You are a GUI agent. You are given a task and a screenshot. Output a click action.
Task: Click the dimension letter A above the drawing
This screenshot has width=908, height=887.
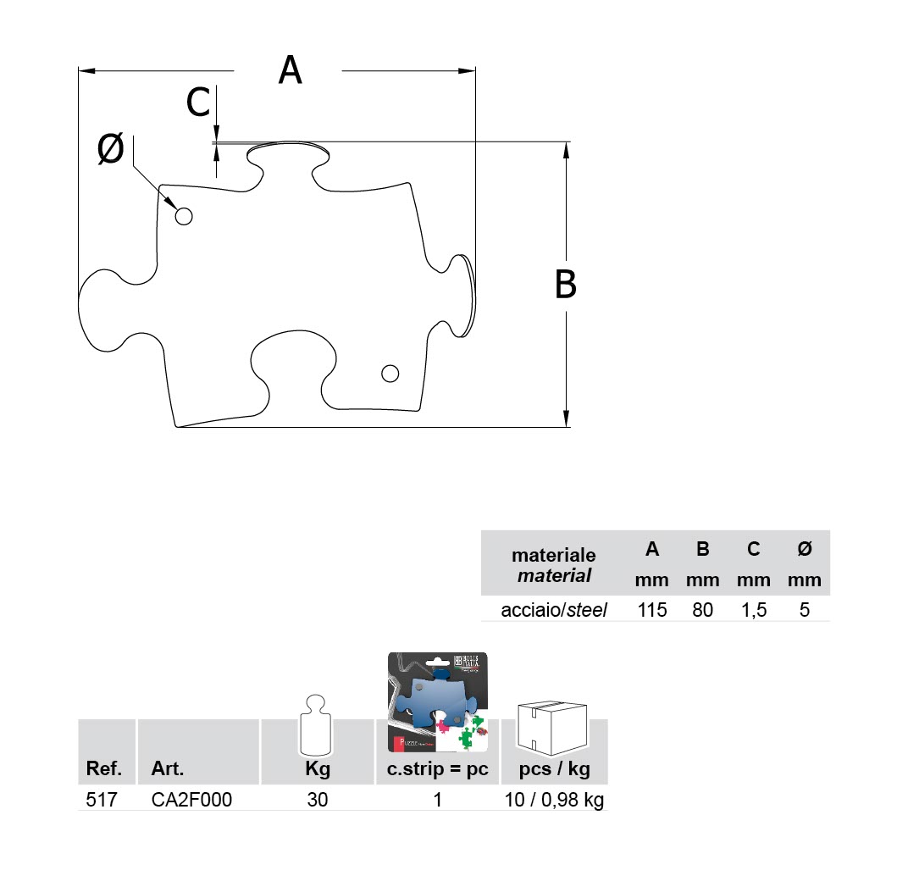pos(290,70)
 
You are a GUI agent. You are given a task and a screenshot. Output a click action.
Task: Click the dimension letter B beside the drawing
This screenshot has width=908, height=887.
pos(565,285)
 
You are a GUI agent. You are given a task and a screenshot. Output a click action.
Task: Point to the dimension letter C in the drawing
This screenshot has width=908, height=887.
pos(198,103)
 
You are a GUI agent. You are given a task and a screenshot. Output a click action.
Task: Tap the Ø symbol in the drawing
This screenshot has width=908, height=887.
pos(111,150)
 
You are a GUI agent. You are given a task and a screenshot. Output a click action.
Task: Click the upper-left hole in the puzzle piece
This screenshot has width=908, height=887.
pos(184,216)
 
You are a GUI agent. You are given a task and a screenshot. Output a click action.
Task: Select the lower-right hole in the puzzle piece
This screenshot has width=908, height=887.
pos(390,373)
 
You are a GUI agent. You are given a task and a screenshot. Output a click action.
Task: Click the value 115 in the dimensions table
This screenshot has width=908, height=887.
pos(651,609)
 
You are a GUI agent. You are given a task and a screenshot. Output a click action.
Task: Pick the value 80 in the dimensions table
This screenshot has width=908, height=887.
pos(702,609)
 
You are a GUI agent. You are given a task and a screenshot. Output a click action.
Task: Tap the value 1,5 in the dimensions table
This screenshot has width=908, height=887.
pos(753,609)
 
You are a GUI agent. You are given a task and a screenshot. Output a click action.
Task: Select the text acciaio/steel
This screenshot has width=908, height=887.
pos(554,609)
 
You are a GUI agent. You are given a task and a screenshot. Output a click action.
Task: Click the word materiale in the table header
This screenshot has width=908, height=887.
pos(553,556)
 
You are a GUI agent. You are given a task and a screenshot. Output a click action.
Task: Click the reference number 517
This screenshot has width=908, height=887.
pos(100,800)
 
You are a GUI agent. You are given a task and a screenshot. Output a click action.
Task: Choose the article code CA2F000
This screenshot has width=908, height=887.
pos(191,800)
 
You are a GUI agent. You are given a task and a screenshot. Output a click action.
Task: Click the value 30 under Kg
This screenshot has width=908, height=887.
pos(318,800)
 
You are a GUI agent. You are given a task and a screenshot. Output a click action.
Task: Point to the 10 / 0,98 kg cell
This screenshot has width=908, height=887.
pos(554,800)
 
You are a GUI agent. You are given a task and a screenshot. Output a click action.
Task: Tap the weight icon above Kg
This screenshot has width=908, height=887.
pos(318,727)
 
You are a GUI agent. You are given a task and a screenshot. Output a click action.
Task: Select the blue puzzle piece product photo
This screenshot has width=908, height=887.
pos(438,703)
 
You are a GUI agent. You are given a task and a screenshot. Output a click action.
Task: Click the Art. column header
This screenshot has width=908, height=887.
pos(168,770)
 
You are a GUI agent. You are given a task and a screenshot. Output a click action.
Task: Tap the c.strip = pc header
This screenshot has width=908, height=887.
pos(438,770)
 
